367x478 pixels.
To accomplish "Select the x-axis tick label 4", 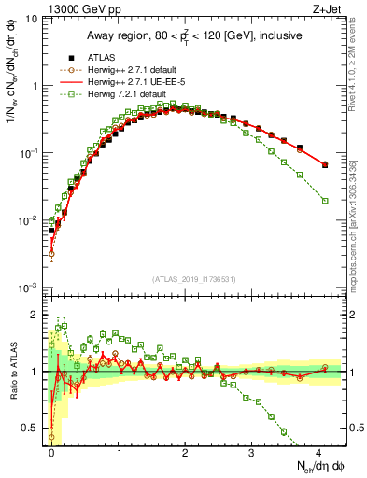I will click(318, 451).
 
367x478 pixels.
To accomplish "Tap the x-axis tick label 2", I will click(185, 451).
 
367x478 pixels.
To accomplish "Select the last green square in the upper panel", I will click(325, 201).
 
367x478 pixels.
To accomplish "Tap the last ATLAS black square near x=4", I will click(325, 164).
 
